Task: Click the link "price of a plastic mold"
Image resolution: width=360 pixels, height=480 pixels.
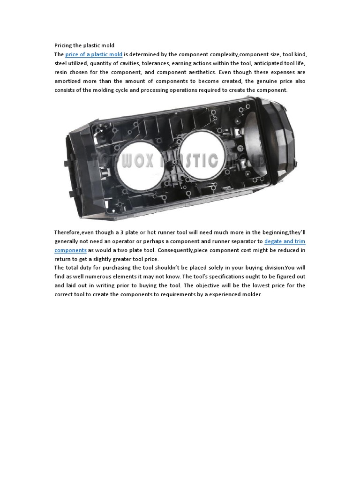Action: (x=94, y=54)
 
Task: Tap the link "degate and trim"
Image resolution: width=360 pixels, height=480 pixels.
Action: (x=285, y=241)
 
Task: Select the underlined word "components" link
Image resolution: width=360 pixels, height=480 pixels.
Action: (x=70, y=250)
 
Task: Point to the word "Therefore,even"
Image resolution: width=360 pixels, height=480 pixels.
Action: (x=74, y=232)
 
